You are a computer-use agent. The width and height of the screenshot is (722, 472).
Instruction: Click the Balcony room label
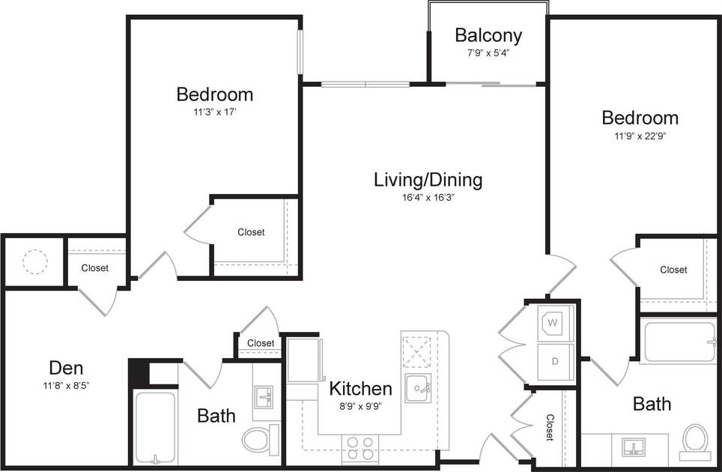pyautogui.click(x=488, y=35)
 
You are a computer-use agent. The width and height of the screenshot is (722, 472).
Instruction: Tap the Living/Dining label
pyautogui.click(x=428, y=180)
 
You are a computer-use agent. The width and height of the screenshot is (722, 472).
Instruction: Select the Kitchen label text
pyautogui.click(x=360, y=389)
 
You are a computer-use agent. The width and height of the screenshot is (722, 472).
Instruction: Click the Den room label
pyautogui.click(x=66, y=368)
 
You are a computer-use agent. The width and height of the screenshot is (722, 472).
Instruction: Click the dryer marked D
pyautogui.click(x=555, y=362)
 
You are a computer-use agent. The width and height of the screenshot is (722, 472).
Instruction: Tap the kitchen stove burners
pyautogui.click(x=360, y=448)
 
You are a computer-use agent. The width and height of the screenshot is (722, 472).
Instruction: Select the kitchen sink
pyautogui.click(x=418, y=388)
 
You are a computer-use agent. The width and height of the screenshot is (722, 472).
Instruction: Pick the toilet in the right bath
pyautogui.click(x=695, y=441)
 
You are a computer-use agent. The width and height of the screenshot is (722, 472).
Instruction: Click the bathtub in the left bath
pyautogui.click(x=155, y=426)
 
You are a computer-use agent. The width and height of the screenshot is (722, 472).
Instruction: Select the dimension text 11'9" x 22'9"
pyautogui.click(x=640, y=136)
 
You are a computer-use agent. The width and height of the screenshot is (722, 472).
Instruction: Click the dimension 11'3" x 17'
pyautogui.click(x=214, y=112)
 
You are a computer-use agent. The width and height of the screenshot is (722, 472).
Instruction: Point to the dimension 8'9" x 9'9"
pyautogui.click(x=360, y=408)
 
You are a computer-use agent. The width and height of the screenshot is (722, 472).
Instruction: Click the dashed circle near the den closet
pyautogui.click(x=34, y=261)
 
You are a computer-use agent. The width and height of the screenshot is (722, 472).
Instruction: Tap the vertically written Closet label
pyautogui.click(x=549, y=428)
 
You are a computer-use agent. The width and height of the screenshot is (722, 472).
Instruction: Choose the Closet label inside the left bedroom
pyautogui.click(x=251, y=232)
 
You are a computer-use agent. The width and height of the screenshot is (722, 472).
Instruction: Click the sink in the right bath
pyautogui.click(x=634, y=449)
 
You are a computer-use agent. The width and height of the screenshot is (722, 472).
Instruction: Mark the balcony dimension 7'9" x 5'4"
pyautogui.click(x=488, y=53)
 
